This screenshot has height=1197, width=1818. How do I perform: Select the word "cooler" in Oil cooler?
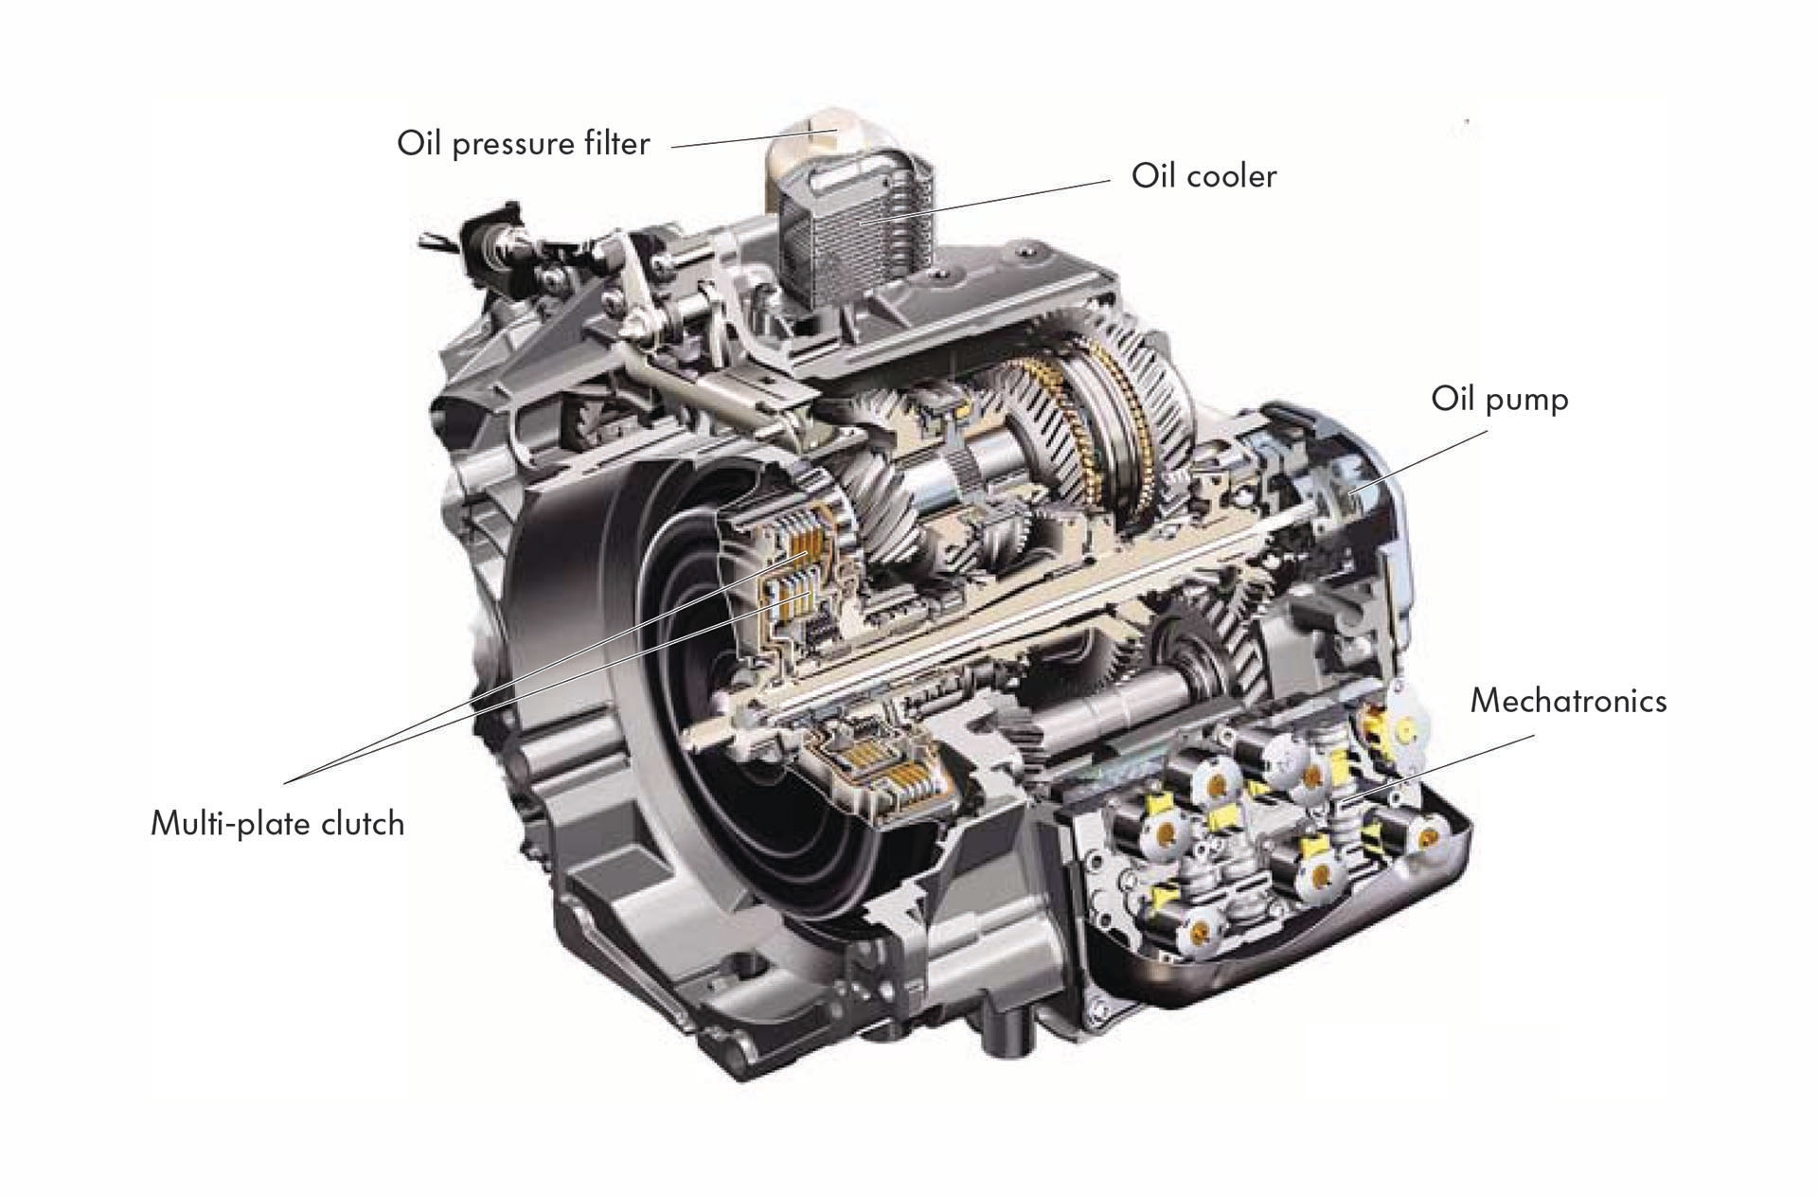click(x=1229, y=176)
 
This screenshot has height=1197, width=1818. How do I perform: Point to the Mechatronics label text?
click(x=1568, y=701)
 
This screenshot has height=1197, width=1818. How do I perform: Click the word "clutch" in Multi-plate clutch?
click(x=362, y=823)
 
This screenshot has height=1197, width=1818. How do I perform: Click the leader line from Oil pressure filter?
click(x=754, y=138)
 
